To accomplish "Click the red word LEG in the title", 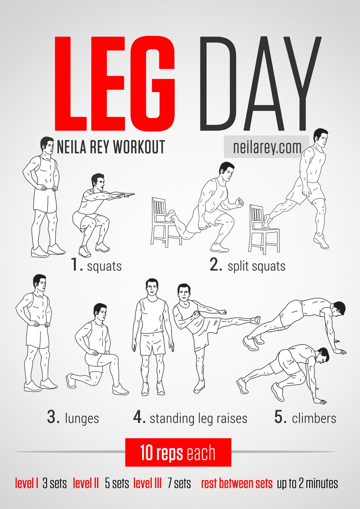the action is [115, 84].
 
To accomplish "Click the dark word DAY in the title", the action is [260, 84].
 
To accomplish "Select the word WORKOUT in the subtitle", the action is [139, 147].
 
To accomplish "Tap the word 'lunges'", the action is [82, 418].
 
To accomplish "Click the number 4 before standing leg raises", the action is [139, 417].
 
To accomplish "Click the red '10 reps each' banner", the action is [178, 453].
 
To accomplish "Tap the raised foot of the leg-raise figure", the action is [255, 320].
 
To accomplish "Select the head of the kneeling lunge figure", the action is [100, 311].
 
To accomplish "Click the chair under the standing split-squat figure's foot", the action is [264, 229].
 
